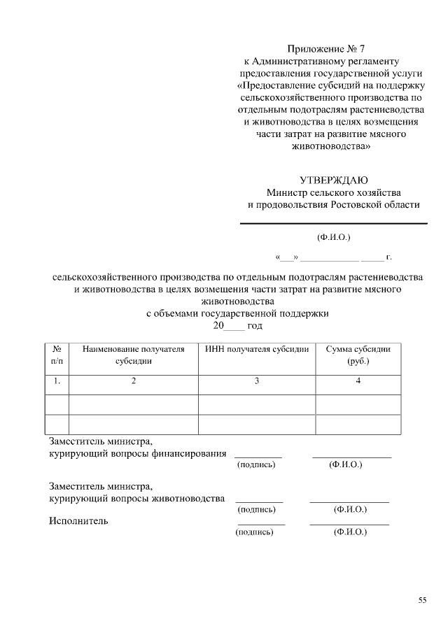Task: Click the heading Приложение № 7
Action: [327, 49]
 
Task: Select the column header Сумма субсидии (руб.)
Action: [358, 355]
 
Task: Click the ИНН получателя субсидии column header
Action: [257, 349]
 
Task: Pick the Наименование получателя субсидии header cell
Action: [133, 355]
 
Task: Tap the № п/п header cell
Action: [57, 355]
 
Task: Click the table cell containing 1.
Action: [57, 381]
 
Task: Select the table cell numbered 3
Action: [257, 381]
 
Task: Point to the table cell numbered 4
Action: [358, 381]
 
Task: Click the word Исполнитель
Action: [78, 521]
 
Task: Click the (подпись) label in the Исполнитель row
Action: [255, 532]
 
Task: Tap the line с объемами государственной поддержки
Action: [237, 314]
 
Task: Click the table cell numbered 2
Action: [133, 381]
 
